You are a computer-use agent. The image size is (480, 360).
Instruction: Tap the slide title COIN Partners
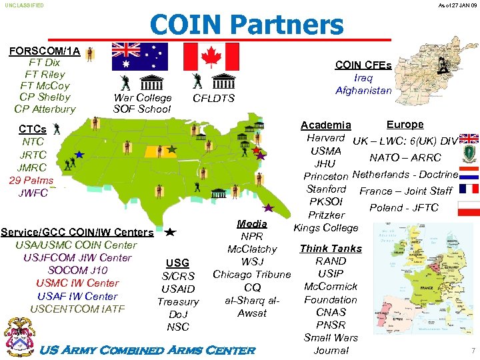click(246, 25)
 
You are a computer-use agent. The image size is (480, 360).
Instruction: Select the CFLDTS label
click(213, 99)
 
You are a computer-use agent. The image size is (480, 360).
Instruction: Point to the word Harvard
click(325, 138)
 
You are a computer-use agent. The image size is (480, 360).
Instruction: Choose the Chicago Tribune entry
click(252, 275)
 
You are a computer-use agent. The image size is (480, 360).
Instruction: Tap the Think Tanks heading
click(331, 249)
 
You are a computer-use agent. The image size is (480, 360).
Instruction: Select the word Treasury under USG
click(178, 302)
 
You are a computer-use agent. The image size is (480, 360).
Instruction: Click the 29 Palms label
click(31, 181)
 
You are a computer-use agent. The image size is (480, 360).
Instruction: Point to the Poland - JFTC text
click(403, 207)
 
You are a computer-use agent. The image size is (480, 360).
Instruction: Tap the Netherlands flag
click(469, 174)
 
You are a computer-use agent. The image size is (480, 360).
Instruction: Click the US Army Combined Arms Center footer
click(148, 350)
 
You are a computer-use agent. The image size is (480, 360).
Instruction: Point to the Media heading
click(252, 223)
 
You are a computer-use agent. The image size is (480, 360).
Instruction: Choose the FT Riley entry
click(45, 74)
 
